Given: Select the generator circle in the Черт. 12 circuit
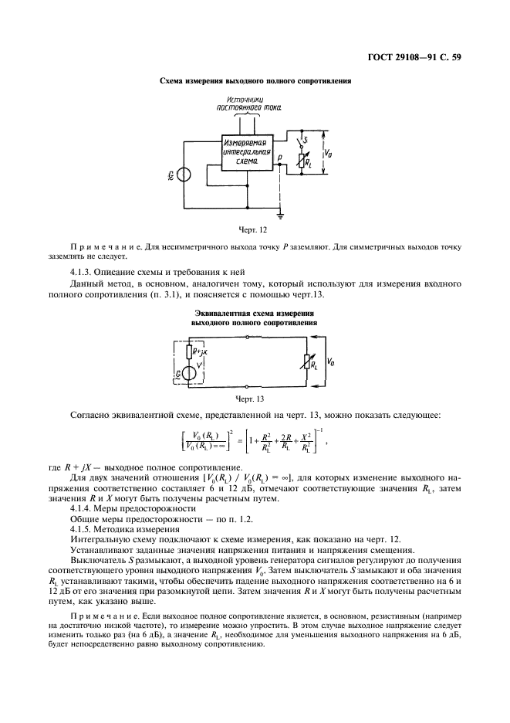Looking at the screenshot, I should click(x=184, y=174).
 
